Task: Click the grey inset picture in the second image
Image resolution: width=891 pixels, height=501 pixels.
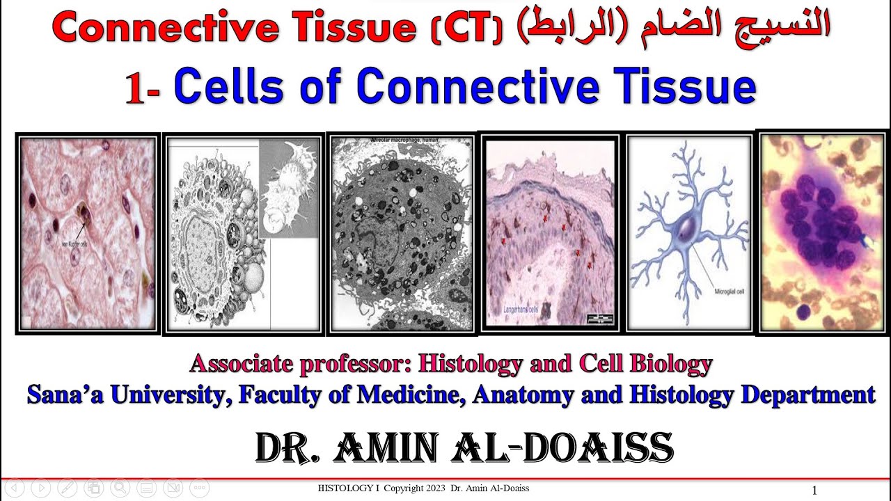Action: (289, 186)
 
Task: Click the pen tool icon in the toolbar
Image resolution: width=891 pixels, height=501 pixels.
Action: (68, 488)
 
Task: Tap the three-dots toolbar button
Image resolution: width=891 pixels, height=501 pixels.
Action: (199, 488)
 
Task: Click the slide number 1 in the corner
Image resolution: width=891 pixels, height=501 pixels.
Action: (814, 491)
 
